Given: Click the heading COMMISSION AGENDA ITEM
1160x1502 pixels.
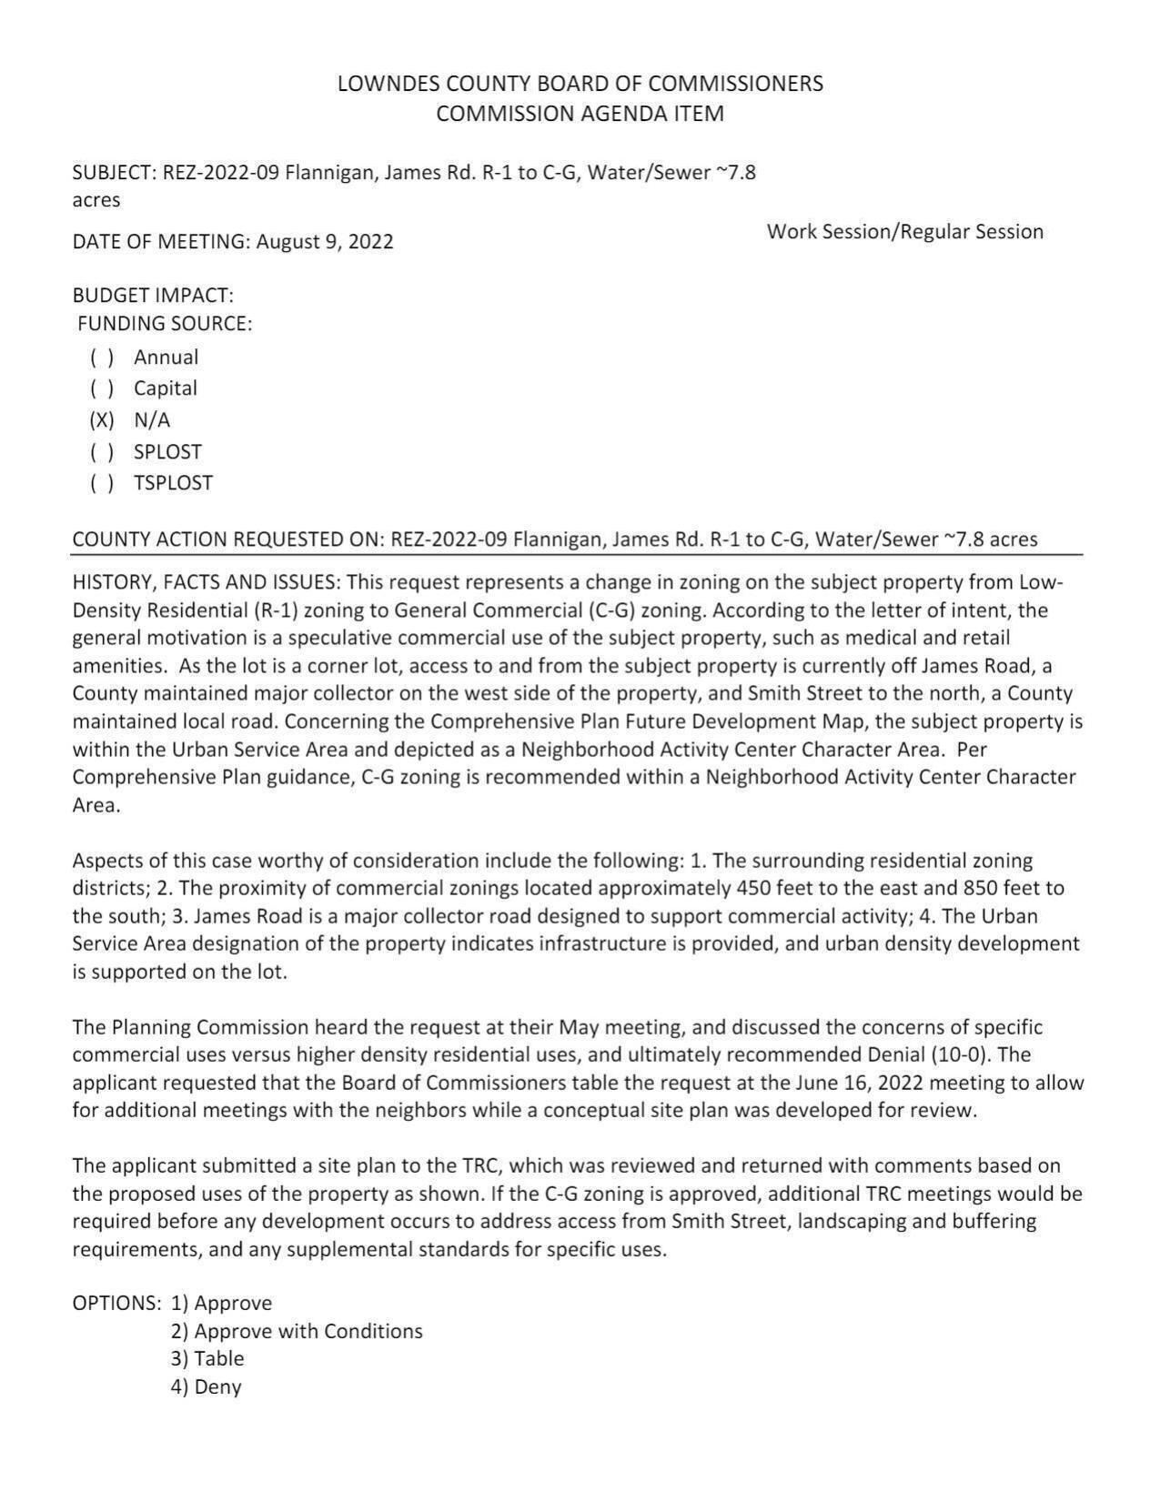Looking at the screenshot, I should click(x=580, y=114).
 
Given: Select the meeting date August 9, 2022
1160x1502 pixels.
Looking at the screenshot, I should click(x=325, y=242).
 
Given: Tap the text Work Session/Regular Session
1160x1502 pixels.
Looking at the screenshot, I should click(x=904, y=232).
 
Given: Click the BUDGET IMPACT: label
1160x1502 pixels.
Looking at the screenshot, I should click(x=153, y=296).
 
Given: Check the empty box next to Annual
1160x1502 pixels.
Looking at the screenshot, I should click(x=102, y=358).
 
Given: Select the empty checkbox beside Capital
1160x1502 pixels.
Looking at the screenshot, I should click(x=102, y=388).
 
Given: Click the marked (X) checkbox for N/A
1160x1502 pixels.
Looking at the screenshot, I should click(x=102, y=420).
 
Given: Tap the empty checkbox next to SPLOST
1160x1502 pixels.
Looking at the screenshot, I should click(x=102, y=452).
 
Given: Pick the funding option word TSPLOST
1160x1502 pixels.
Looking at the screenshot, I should click(x=173, y=483).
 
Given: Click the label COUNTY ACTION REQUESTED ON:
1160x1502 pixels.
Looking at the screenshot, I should click(x=228, y=539).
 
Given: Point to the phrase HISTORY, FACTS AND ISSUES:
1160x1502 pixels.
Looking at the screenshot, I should click(x=207, y=582).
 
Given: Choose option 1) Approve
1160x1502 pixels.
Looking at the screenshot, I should click(x=221, y=1304).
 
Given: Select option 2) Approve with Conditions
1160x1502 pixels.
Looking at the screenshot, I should click(x=297, y=1332).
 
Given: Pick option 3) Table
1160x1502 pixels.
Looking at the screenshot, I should click(x=207, y=1359).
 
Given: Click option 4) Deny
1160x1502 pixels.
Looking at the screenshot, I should click(x=206, y=1387).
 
